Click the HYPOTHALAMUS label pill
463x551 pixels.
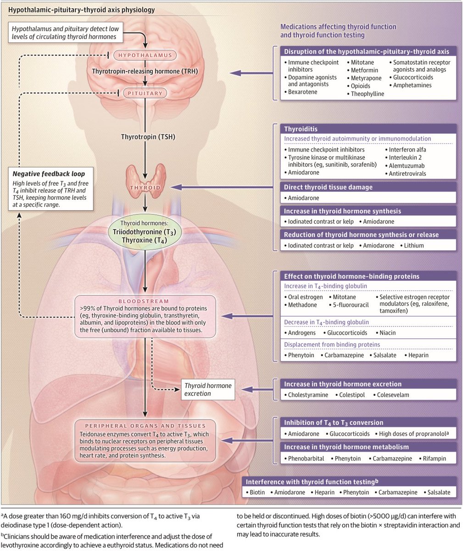pyautogui.click(x=145, y=56)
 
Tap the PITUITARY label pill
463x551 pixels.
pyautogui.click(x=145, y=93)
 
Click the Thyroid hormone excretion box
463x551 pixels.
pyautogui.click(x=207, y=389)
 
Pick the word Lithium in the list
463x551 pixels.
pyautogui.click(x=414, y=246)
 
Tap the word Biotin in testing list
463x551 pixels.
pyautogui.click(x=257, y=492)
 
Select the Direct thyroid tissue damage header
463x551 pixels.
pyautogui.click(x=328, y=187)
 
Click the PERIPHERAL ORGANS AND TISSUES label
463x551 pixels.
pyautogui.click(x=145, y=426)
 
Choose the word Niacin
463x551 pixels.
pyautogui.click(x=387, y=332)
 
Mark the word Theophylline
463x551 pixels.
pyautogui.click(x=368, y=94)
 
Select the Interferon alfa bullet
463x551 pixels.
pyautogui.click(x=407, y=150)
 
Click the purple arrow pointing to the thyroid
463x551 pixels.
pyautogui.click(x=220, y=187)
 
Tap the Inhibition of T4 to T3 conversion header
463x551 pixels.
pyautogui.click(x=334, y=422)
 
